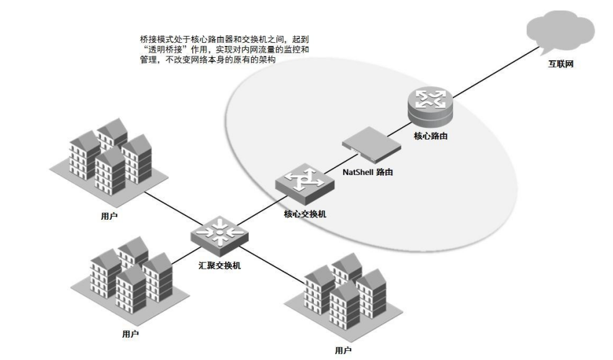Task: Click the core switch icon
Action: click(x=300, y=184)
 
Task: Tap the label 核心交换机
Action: click(x=305, y=214)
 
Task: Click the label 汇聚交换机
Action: click(x=220, y=266)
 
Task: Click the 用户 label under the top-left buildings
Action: click(x=109, y=217)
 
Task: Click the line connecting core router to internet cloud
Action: click(x=490, y=72)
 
